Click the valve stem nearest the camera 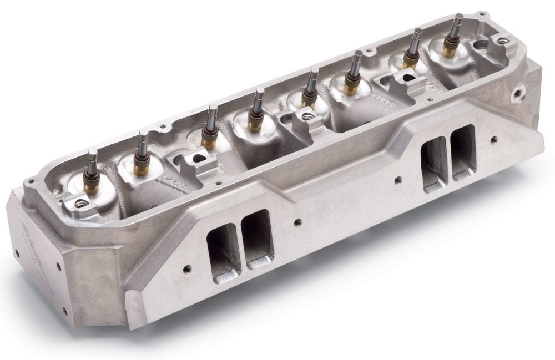pos(92,161)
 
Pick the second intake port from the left pos(258,239)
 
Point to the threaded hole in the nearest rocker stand pos(80,204)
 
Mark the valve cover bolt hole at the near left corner pos(32,181)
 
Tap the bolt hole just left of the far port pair pos(398,180)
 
